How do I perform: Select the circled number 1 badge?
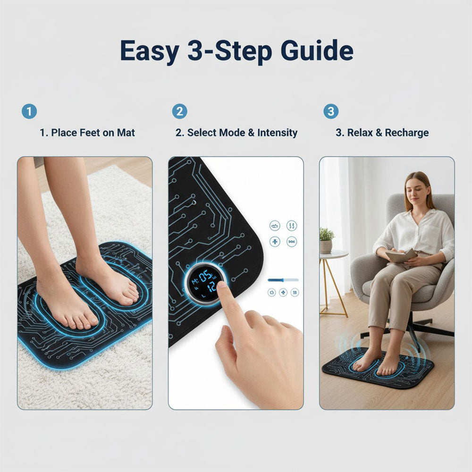click(29, 111)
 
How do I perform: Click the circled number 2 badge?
click(179, 111)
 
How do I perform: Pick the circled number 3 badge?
click(330, 111)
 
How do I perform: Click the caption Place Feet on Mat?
click(93, 133)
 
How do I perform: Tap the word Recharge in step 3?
click(407, 133)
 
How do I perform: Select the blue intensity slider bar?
click(283, 280)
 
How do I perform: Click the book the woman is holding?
click(401, 256)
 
